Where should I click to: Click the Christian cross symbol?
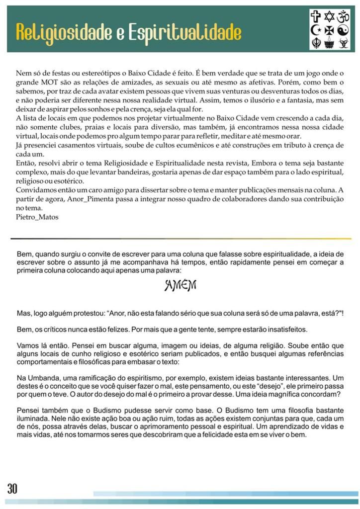(316, 17)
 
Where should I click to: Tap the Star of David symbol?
(329, 17)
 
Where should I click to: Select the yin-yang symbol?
(343, 30)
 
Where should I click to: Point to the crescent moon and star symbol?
(316, 30)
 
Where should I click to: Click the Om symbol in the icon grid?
(343, 17)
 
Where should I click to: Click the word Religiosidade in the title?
(66, 32)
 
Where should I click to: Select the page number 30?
(12, 488)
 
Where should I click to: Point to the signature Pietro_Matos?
(37, 217)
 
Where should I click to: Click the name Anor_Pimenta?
(76, 199)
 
